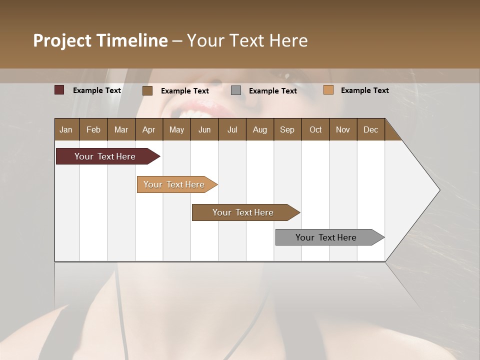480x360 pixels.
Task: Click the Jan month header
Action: coord(66,129)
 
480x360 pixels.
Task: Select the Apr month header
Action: coord(148,129)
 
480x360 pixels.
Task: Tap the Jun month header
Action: coord(204,129)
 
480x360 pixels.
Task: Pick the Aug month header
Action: coord(259,129)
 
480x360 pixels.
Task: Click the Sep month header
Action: coord(287,129)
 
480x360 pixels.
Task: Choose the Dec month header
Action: coord(370,129)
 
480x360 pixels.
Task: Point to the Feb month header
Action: coord(93,129)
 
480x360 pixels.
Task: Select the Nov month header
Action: coord(342,129)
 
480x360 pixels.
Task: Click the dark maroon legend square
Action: coord(59,90)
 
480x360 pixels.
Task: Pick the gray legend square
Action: coord(236,90)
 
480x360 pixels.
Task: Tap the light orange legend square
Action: coord(328,90)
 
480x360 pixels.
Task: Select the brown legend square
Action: coord(147,90)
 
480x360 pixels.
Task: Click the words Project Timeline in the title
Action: coord(100,40)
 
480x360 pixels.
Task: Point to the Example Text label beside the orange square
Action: coord(364,90)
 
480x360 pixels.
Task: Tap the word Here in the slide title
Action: coord(288,40)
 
